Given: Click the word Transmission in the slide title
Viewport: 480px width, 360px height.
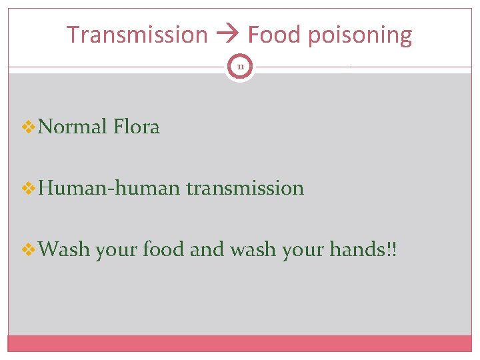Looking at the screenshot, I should point(137,34).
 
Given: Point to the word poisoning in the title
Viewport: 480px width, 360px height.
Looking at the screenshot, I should point(361,35).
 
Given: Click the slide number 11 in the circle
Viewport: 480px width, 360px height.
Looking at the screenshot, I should point(240,67).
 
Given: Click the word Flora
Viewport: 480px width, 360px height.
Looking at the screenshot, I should point(137,127).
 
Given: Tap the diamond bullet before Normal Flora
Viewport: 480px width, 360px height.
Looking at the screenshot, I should point(29,127).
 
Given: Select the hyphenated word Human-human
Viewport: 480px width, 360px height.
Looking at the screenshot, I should point(109,189).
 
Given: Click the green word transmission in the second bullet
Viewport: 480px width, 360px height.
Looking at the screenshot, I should point(245,189).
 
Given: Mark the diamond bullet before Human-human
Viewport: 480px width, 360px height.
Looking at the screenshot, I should point(29,189).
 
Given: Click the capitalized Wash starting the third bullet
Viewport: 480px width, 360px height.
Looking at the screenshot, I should point(64,251).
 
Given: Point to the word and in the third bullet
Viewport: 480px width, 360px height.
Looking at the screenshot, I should point(207,251).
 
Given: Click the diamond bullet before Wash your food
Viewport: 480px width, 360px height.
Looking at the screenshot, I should point(29,251).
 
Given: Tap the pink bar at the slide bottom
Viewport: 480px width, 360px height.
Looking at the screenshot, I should point(240,343).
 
